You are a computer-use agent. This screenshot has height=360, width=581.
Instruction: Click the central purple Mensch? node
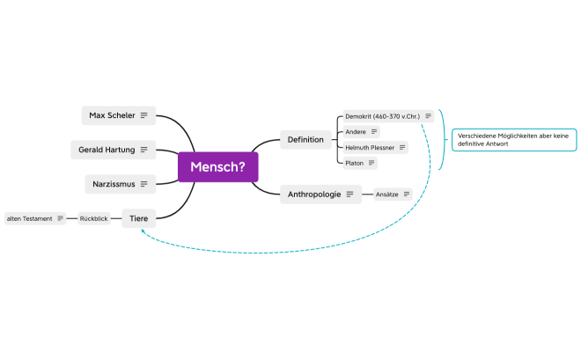click(217, 166)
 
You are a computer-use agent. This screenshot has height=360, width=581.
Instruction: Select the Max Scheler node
click(112, 115)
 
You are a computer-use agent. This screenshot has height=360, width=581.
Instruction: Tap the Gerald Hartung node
click(106, 150)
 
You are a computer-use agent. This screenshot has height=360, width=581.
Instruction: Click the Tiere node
click(139, 217)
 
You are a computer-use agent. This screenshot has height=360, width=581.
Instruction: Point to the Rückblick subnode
click(94, 218)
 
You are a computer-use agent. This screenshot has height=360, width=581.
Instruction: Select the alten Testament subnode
click(31, 218)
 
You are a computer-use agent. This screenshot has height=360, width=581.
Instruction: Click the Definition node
click(305, 139)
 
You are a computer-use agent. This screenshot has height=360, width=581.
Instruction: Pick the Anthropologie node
click(314, 194)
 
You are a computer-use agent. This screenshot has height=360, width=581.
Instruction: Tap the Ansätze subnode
click(387, 194)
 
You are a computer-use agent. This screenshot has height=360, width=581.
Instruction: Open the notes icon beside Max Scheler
click(143, 115)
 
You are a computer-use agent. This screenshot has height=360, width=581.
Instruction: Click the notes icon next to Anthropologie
click(349, 194)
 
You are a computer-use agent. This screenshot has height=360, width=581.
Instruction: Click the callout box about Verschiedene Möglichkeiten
click(515, 138)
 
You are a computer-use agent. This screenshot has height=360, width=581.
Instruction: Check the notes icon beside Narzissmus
click(143, 184)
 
